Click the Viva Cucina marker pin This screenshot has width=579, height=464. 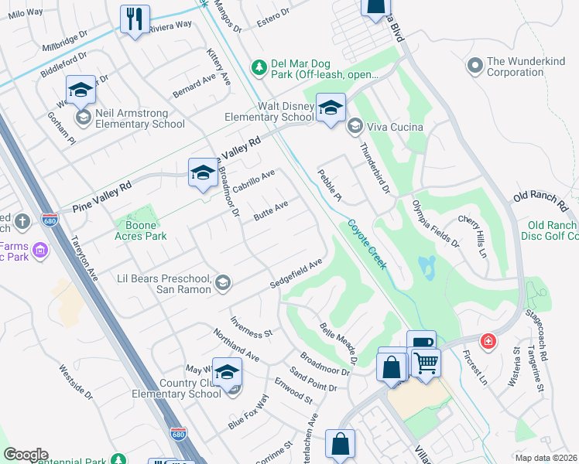tap(355, 126)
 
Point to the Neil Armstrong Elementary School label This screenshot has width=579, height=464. tap(139, 118)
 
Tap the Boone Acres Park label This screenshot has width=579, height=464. tap(140, 230)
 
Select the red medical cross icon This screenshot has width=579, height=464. tap(488, 341)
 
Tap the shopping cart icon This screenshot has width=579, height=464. tap(425, 362)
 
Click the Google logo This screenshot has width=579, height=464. tap(26, 455)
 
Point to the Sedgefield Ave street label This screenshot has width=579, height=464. tap(296, 275)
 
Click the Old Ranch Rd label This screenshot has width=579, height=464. tap(540, 203)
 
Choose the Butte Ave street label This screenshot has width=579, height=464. tap(271, 210)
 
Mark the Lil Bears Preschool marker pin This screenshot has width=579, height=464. tap(223, 282)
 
